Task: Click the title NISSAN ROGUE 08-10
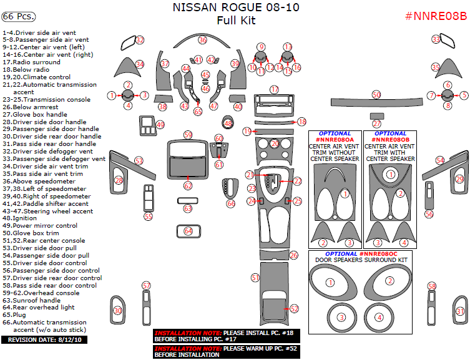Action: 237,8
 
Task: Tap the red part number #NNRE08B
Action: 435,16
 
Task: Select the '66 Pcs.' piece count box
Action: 19,16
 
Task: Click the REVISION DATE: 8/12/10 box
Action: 44,340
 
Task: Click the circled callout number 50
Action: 376,94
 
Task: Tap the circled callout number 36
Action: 202,40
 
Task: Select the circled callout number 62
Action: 188,186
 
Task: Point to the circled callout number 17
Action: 275,90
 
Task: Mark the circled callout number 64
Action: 188,231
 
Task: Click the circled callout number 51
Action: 255,277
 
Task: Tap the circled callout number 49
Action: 160,125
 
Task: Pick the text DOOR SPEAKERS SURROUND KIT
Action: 361,260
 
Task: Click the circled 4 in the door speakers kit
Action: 379,318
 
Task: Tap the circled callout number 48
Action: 228,124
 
